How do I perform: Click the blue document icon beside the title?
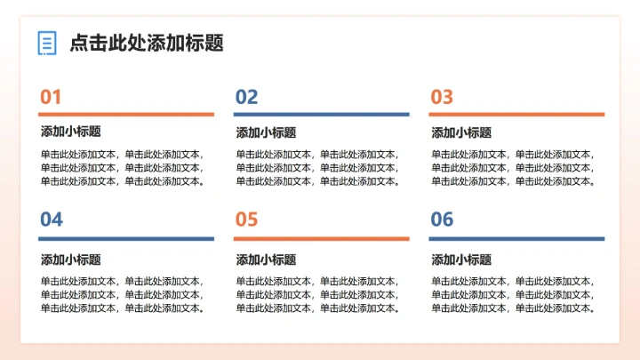point(47,43)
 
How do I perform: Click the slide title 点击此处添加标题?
point(146,43)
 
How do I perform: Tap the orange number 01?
point(52,98)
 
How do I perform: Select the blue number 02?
point(246,98)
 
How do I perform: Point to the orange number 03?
point(442,98)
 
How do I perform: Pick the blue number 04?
point(52,220)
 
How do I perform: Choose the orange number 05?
point(246,220)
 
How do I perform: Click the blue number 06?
point(442,220)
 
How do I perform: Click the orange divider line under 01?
point(126,114)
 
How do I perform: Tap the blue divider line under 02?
point(321,114)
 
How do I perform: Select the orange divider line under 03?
point(516,114)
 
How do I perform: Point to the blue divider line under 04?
point(126,238)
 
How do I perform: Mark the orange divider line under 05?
point(321,238)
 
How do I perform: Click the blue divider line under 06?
point(516,238)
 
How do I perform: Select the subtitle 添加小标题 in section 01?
point(71,132)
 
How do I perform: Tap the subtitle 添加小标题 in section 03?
point(461,132)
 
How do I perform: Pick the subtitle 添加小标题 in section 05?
point(266,260)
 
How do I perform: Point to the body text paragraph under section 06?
point(513,294)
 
